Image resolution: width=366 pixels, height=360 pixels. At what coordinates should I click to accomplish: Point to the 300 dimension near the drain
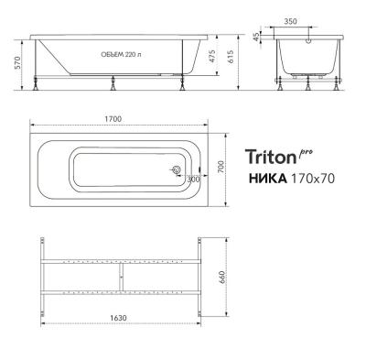pos(193,180)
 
